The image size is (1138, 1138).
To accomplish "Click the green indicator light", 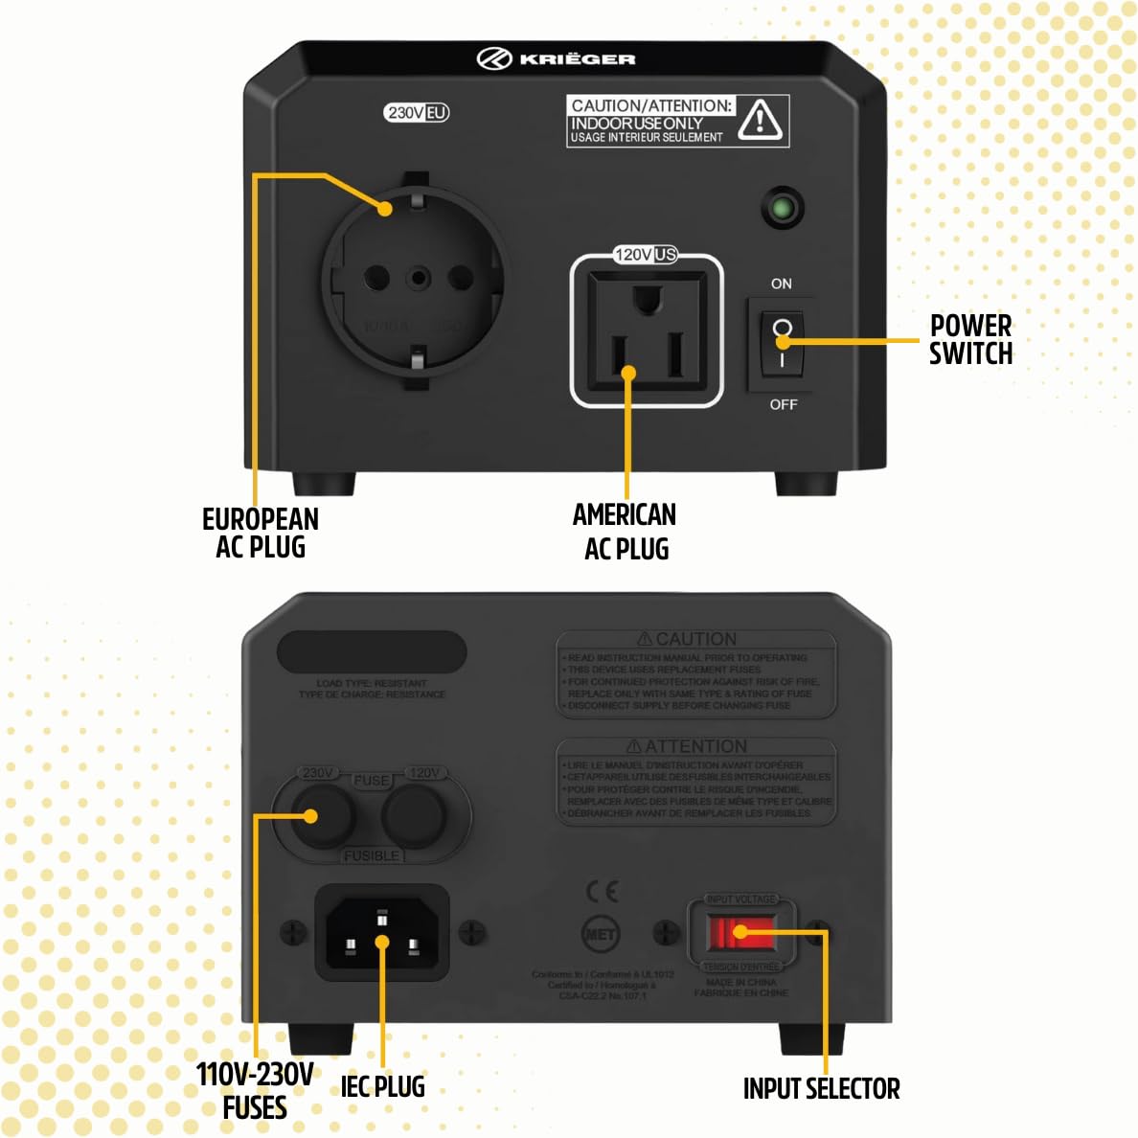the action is point(783,208).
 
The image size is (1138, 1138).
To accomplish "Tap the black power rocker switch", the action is point(782,344).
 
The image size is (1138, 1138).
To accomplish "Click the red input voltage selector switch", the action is point(740,932).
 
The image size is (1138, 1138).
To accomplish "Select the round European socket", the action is point(416,279).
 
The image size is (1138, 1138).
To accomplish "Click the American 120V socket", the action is point(647,330).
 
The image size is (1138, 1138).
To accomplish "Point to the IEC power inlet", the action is point(382,933).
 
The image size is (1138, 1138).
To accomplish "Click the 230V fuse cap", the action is point(321,816).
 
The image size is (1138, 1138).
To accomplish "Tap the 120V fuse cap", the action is point(415,816).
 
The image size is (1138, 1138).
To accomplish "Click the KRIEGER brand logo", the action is point(557,58).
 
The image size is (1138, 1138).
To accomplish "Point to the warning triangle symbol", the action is point(761,121).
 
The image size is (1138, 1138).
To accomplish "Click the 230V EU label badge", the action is point(417,113).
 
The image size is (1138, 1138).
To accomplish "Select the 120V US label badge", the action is point(646,254).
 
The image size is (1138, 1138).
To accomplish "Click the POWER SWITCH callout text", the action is point(970,339).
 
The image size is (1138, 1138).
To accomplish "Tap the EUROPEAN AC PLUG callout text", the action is point(260,533).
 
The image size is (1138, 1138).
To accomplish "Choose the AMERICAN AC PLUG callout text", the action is point(625,532).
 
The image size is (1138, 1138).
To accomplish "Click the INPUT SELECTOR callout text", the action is point(821,1088).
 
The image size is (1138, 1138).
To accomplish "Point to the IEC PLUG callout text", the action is point(382,1086).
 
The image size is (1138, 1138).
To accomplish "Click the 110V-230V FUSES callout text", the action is point(255,1090).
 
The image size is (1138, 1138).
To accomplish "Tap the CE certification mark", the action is point(602,892).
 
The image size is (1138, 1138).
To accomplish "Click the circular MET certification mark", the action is point(601,934).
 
